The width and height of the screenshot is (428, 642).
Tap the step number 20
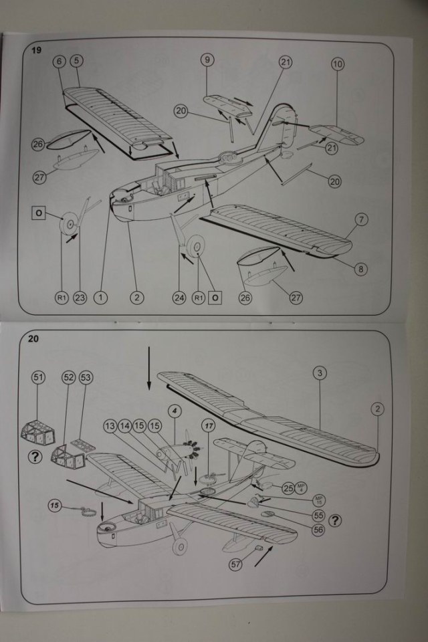point(33,338)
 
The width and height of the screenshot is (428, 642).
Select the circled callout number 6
point(59,61)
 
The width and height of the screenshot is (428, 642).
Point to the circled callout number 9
point(207,60)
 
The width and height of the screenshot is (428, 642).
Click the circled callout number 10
point(337,64)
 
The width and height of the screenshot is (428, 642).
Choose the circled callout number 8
point(361,269)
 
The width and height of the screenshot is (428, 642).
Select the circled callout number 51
point(38,378)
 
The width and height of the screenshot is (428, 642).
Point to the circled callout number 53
point(86,378)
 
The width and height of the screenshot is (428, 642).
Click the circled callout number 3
point(320,373)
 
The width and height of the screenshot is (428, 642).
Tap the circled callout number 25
point(289,488)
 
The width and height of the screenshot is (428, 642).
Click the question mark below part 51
point(33,457)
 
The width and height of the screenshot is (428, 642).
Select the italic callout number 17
point(209,425)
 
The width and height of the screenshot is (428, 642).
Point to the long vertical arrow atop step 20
point(148,367)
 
